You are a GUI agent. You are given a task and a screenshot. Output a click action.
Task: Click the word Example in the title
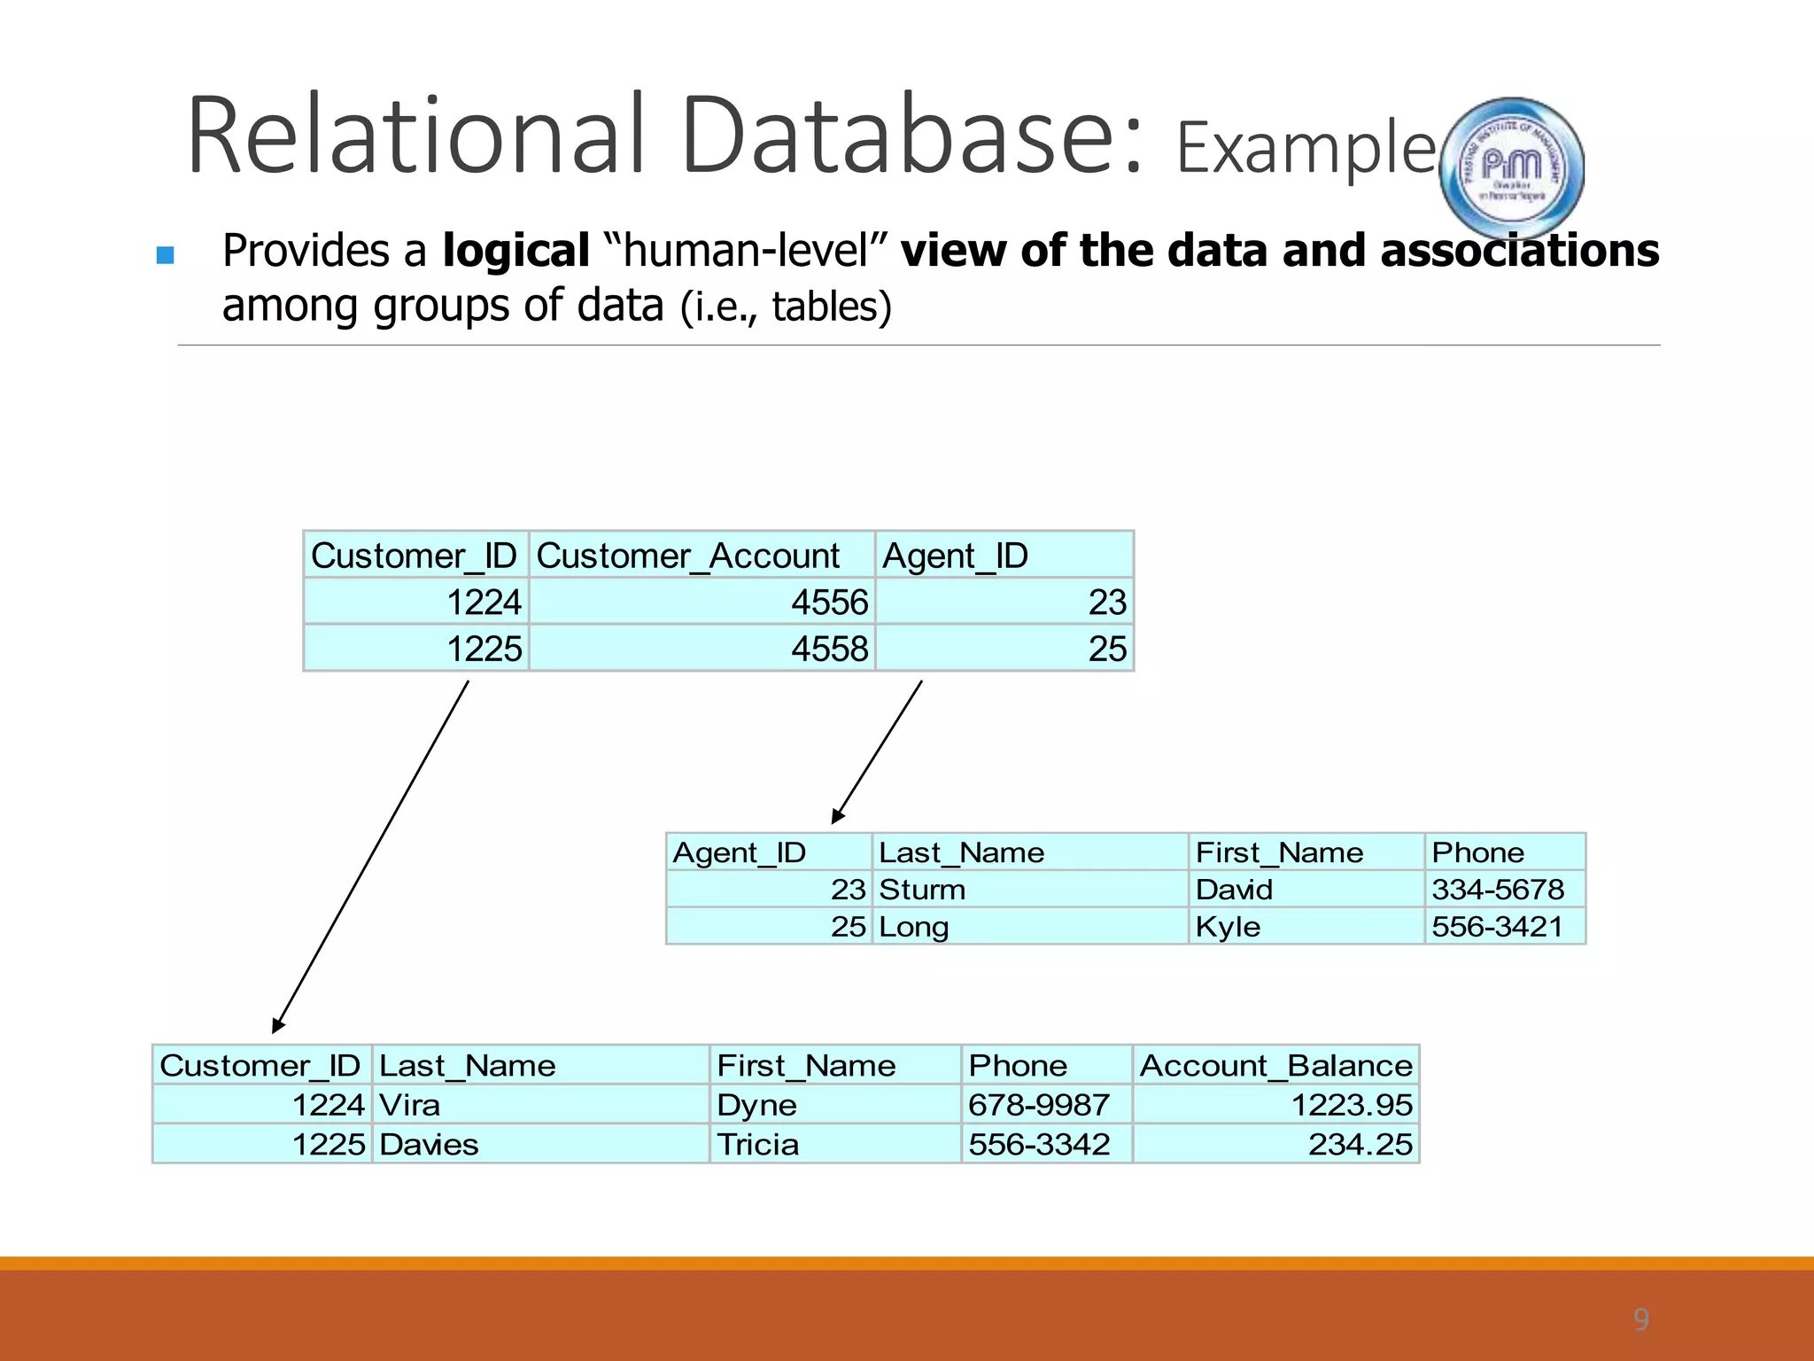(x=1305, y=148)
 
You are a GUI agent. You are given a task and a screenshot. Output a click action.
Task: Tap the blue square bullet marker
(x=165, y=256)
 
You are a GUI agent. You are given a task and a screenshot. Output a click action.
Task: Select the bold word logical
(x=516, y=251)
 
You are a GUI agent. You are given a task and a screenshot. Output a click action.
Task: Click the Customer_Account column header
(x=688, y=556)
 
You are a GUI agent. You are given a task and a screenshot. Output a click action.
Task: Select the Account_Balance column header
(x=1275, y=1066)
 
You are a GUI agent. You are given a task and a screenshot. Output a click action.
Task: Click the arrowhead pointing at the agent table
(x=837, y=817)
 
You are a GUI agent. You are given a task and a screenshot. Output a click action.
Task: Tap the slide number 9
(x=1640, y=1319)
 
